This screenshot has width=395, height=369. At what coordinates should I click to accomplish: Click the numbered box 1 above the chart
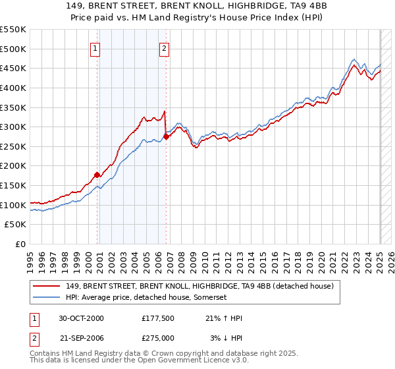95,47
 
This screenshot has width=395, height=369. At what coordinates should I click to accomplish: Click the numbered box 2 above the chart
164,47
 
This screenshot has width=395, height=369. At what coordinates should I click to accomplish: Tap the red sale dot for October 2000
97,175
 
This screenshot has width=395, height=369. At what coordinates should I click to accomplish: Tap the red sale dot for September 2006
166,136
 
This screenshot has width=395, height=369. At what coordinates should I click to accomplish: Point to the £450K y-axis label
14,69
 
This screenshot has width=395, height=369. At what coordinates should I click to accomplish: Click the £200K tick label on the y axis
14,166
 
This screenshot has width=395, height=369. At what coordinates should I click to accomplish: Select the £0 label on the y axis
20,244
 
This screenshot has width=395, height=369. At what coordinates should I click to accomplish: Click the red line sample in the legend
47,286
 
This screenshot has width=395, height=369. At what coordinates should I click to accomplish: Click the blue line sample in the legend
47,297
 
